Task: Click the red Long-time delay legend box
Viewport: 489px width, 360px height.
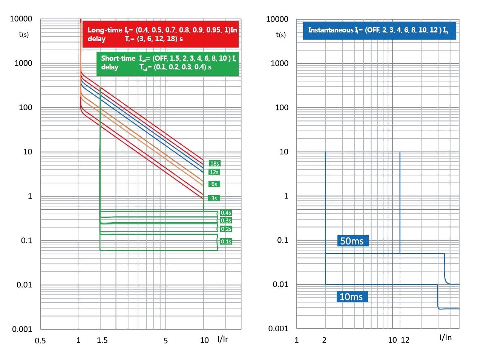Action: [160, 34]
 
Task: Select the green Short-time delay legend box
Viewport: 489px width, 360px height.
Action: [167, 63]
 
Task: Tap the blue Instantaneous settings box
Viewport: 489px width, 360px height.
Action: [379, 30]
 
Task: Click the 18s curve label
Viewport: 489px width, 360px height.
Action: [214, 163]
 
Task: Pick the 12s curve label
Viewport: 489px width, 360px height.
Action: [214, 172]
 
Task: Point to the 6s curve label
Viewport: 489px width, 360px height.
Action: [214, 184]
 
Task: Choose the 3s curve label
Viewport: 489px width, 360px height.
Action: [214, 198]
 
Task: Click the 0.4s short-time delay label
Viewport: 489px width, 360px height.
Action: [226, 213]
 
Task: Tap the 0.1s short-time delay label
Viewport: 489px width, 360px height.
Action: [226, 242]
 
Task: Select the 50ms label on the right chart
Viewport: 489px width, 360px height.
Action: [352, 241]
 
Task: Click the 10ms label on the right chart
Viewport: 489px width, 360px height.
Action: [351, 297]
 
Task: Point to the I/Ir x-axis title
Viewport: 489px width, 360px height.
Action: [222, 339]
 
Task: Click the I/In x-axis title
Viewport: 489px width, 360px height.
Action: [445, 337]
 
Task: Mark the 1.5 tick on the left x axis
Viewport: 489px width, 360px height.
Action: [102, 340]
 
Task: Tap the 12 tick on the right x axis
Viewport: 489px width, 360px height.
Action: [405, 340]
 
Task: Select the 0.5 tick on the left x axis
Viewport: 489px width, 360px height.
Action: [40, 341]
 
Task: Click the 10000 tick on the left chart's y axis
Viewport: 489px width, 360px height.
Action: [21, 19]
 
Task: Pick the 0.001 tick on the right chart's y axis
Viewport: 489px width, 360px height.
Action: [278, 328]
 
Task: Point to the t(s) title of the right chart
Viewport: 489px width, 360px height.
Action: [281, 35]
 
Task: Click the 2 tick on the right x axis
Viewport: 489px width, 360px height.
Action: [324, 340]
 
